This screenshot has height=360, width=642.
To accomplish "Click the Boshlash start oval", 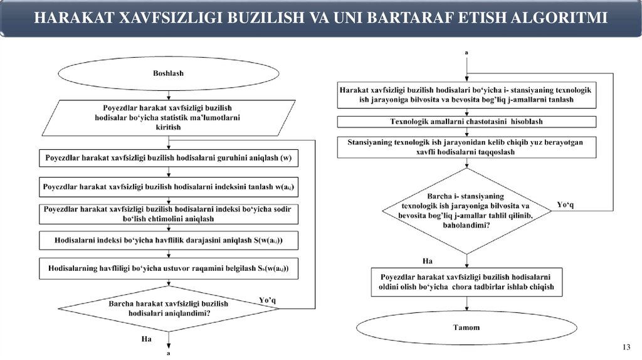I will (168, 73).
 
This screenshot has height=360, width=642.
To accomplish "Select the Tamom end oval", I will (466, 327).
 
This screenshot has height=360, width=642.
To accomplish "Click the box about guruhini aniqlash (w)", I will (168, 159).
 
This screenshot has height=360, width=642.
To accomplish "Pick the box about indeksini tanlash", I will (168, 186).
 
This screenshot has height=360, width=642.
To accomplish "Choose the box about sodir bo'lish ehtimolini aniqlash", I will (168, 214).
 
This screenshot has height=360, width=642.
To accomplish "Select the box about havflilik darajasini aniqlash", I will (168, 241).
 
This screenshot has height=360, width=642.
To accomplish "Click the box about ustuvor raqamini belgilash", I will (168, 268).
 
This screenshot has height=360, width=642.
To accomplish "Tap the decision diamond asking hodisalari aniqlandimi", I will (168, 307).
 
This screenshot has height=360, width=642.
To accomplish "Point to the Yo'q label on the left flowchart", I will (268, 300).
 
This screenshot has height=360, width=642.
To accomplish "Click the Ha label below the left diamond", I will (147, 339).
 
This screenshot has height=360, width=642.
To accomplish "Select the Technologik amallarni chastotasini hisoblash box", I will (466, 121).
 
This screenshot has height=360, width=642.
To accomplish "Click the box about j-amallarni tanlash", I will (466, 95).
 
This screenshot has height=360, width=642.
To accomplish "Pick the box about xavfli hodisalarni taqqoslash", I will (466, 147).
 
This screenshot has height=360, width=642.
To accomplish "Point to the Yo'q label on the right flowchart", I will (566, 204).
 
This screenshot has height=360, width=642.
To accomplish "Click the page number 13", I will (625, 348).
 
